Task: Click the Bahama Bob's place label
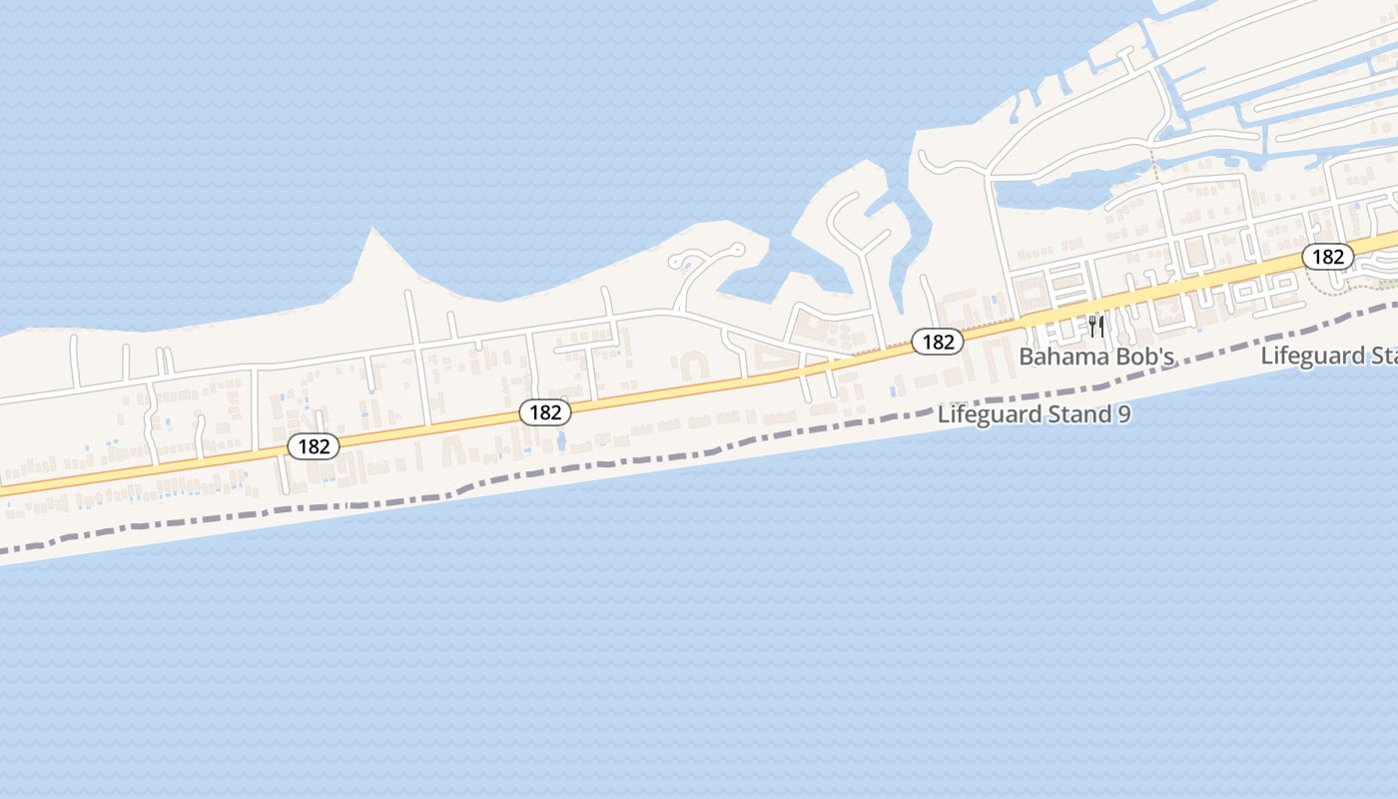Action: coord(1095,357)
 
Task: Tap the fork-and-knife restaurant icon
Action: coord(1096,326)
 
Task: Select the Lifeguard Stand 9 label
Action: coord(1034,414)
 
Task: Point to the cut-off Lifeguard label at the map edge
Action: coord(1328,356)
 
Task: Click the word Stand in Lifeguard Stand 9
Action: coord(1074,414)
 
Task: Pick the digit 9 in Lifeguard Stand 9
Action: coord(1124,414)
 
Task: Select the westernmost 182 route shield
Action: coord(314,446)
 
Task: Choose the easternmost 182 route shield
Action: coord(1328,257)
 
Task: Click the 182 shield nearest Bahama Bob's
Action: coord(938,342)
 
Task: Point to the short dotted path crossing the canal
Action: coord(1154,163)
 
